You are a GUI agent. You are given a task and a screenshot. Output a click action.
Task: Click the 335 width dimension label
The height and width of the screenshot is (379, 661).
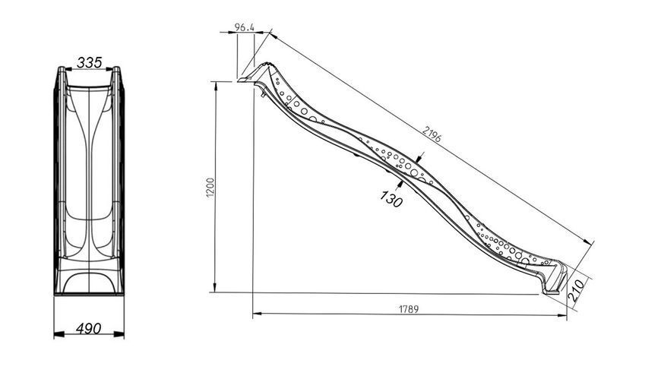pyautogui.click(x=90, y=62)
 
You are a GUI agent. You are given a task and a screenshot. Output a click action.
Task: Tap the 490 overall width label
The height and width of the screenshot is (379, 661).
pyautogui.click(x=89, y=328)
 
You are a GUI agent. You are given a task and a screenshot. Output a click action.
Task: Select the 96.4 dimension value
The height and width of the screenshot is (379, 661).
pyautogui.click(x=245, y=27)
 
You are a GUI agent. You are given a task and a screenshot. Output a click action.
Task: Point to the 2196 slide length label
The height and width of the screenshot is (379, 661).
pyautogui.click(x=432, y=134)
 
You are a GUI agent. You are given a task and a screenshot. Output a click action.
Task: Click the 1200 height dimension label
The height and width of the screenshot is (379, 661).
pyautogui.click(x=210, y=187)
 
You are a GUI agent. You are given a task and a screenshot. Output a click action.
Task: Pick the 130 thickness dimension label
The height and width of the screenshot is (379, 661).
pyautogui.click(x=391, y=198)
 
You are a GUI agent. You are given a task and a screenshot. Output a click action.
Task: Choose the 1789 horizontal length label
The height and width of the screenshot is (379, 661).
pyautogui.click(x=409, y=309)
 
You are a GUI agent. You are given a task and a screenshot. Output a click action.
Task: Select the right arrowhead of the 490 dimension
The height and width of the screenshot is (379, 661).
pyautogui.click(x=119, y=334)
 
